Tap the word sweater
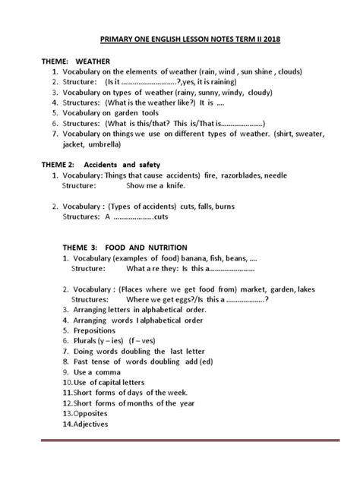299,134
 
